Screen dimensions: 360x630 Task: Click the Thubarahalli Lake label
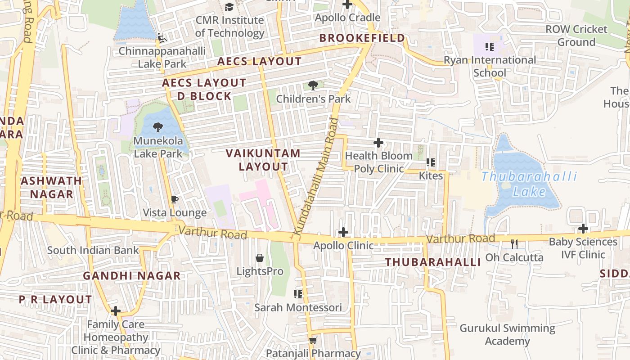[530, 184]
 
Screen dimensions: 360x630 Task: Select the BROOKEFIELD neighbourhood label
[362, 38]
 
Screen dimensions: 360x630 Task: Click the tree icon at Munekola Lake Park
[158, 127]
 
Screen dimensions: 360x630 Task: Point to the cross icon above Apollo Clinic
[343, 232]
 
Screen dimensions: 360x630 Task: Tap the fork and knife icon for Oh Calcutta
[514, 244]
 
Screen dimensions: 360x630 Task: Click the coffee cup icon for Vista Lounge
[175, 199]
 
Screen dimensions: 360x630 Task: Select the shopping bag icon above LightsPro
[260, 258]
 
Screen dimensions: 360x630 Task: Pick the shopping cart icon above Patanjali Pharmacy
[313, 340]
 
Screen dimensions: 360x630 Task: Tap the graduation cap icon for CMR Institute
[229, 7]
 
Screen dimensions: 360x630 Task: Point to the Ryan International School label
[490, 66]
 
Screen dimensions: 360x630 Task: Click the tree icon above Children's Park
[313, 85]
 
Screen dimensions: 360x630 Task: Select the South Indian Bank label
[93, 250]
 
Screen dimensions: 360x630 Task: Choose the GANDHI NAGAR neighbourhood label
[132, 276]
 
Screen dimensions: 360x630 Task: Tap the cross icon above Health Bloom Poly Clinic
[378, 143]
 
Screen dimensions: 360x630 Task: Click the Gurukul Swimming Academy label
[507, 334]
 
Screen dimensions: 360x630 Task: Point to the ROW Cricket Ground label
[576, 36]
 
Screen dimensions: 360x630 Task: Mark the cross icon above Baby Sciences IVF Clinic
[583, 229]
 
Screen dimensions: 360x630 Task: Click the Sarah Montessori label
[298, 307]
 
